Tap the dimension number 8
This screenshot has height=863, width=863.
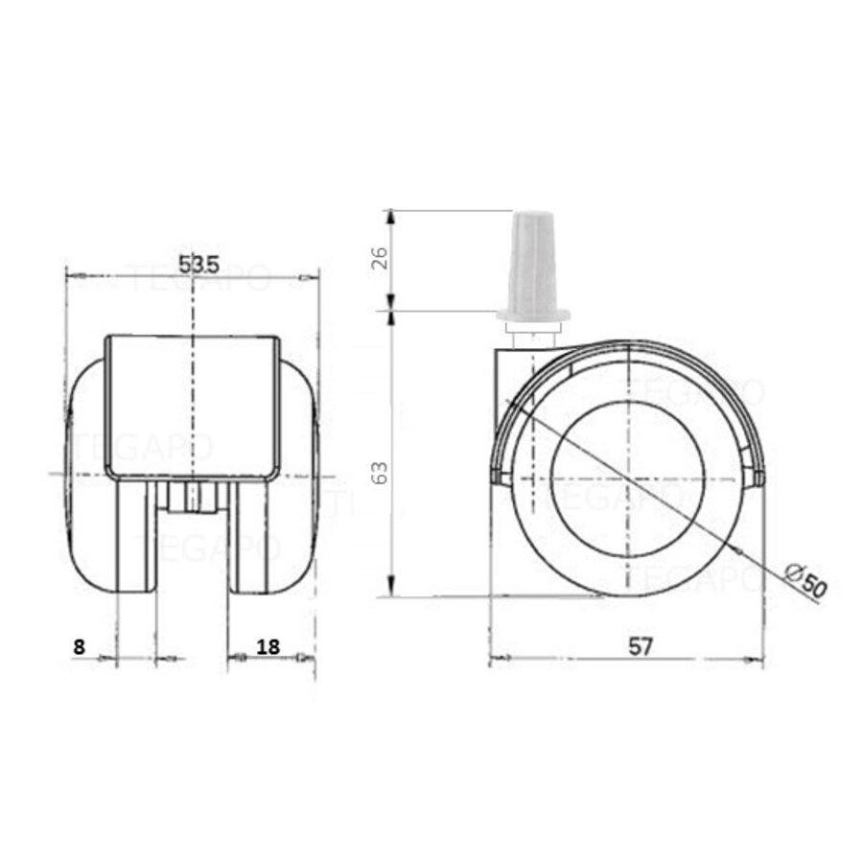tap(80, 647)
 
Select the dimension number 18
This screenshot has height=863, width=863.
tap(268, 647)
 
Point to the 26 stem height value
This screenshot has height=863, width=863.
tap(380, 260)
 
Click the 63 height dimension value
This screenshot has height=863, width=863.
tap(380, 472)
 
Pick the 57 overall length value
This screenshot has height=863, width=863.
tap(641, 647)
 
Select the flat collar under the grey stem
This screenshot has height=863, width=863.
tap(533, 315)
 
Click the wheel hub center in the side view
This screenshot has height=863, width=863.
tap(627, 470)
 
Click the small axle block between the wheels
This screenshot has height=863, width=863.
tap(192, 498)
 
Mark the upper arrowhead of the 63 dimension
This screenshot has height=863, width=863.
tap(391, 319)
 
